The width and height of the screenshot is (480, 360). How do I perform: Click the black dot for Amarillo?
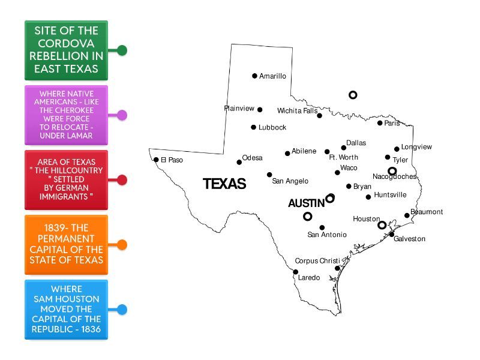(254, 76)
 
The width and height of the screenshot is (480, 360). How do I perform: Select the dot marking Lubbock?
(253, 127)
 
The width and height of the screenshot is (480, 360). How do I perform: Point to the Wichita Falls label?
(297, 111)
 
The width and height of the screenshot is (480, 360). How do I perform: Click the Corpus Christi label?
(317, 261)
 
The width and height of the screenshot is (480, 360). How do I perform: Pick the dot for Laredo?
(295, 272)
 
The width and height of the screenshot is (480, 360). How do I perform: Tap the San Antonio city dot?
(322, 227)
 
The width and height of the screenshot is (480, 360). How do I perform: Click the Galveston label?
(409, 239)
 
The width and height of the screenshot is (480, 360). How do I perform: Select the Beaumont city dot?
(407, 215)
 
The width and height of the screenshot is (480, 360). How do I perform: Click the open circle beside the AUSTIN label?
(330, 198)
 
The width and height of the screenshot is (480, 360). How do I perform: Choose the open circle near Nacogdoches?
(392, 171)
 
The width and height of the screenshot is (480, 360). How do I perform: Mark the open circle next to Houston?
(382, 225)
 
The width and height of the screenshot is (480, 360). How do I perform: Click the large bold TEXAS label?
(224, 184)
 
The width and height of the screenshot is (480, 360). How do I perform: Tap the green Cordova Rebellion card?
(66, 50)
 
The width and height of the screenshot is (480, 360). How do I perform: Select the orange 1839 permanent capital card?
(66, 244)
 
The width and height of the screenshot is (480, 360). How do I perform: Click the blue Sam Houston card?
(66, 309)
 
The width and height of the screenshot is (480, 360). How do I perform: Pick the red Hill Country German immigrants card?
(66, 179)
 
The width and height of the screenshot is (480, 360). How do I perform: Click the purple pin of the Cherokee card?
(122, 115)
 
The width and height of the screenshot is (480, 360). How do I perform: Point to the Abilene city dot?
(287, 154)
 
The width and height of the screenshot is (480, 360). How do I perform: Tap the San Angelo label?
(290, 181)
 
